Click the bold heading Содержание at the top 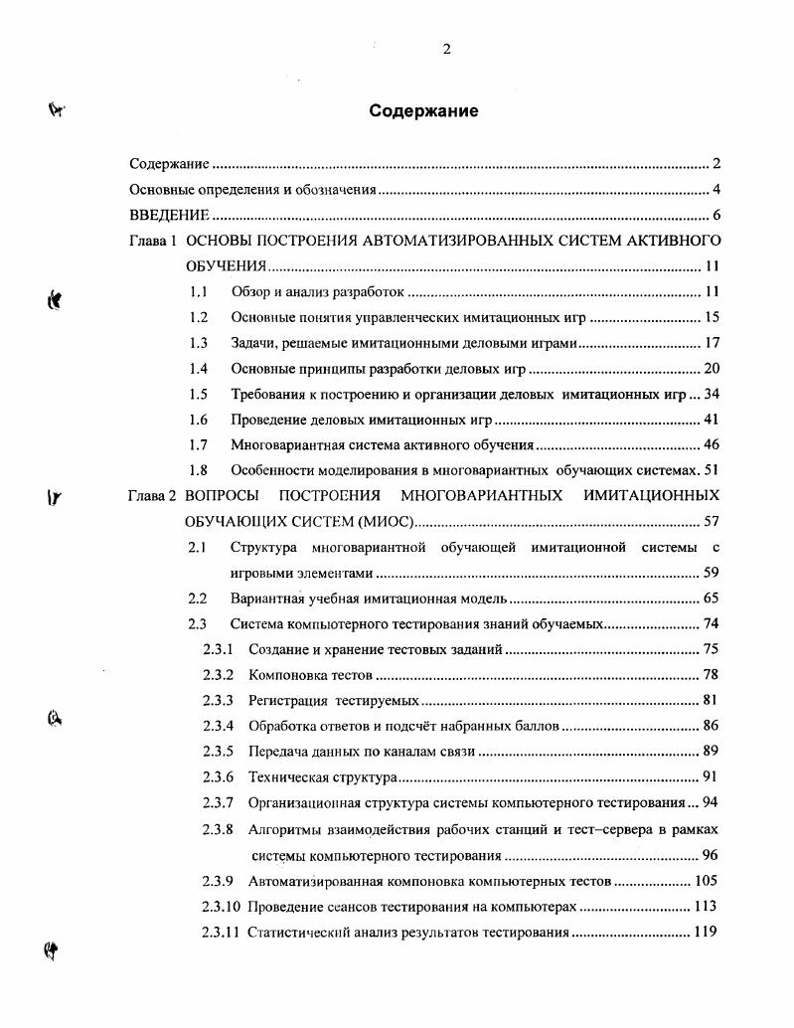(423, 111)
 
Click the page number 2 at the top (446, 51)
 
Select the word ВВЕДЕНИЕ (169, 216)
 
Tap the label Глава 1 (153, 241)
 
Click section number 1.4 (199, 369)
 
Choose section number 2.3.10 (222, 907)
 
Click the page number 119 (706, 933)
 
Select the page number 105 (706, 881)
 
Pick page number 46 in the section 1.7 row (711, 445)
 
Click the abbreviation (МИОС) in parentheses (383, 521)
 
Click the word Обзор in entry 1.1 (248, 292)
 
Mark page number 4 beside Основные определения (715, 190)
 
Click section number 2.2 (198, 599)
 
